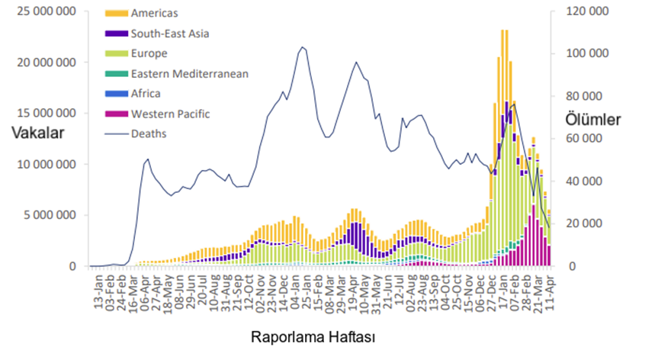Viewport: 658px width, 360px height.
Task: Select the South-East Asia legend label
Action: point(169,33)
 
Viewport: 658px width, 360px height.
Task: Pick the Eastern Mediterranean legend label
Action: point(189,73)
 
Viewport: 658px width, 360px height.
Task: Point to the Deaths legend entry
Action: point(149,133)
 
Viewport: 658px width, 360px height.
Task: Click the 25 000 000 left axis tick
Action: point(47,11)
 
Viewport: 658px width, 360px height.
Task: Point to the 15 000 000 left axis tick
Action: point(47,113)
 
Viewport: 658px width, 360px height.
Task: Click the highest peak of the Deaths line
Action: point(303,47)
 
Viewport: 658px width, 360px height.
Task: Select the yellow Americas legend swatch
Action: point(117,14)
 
